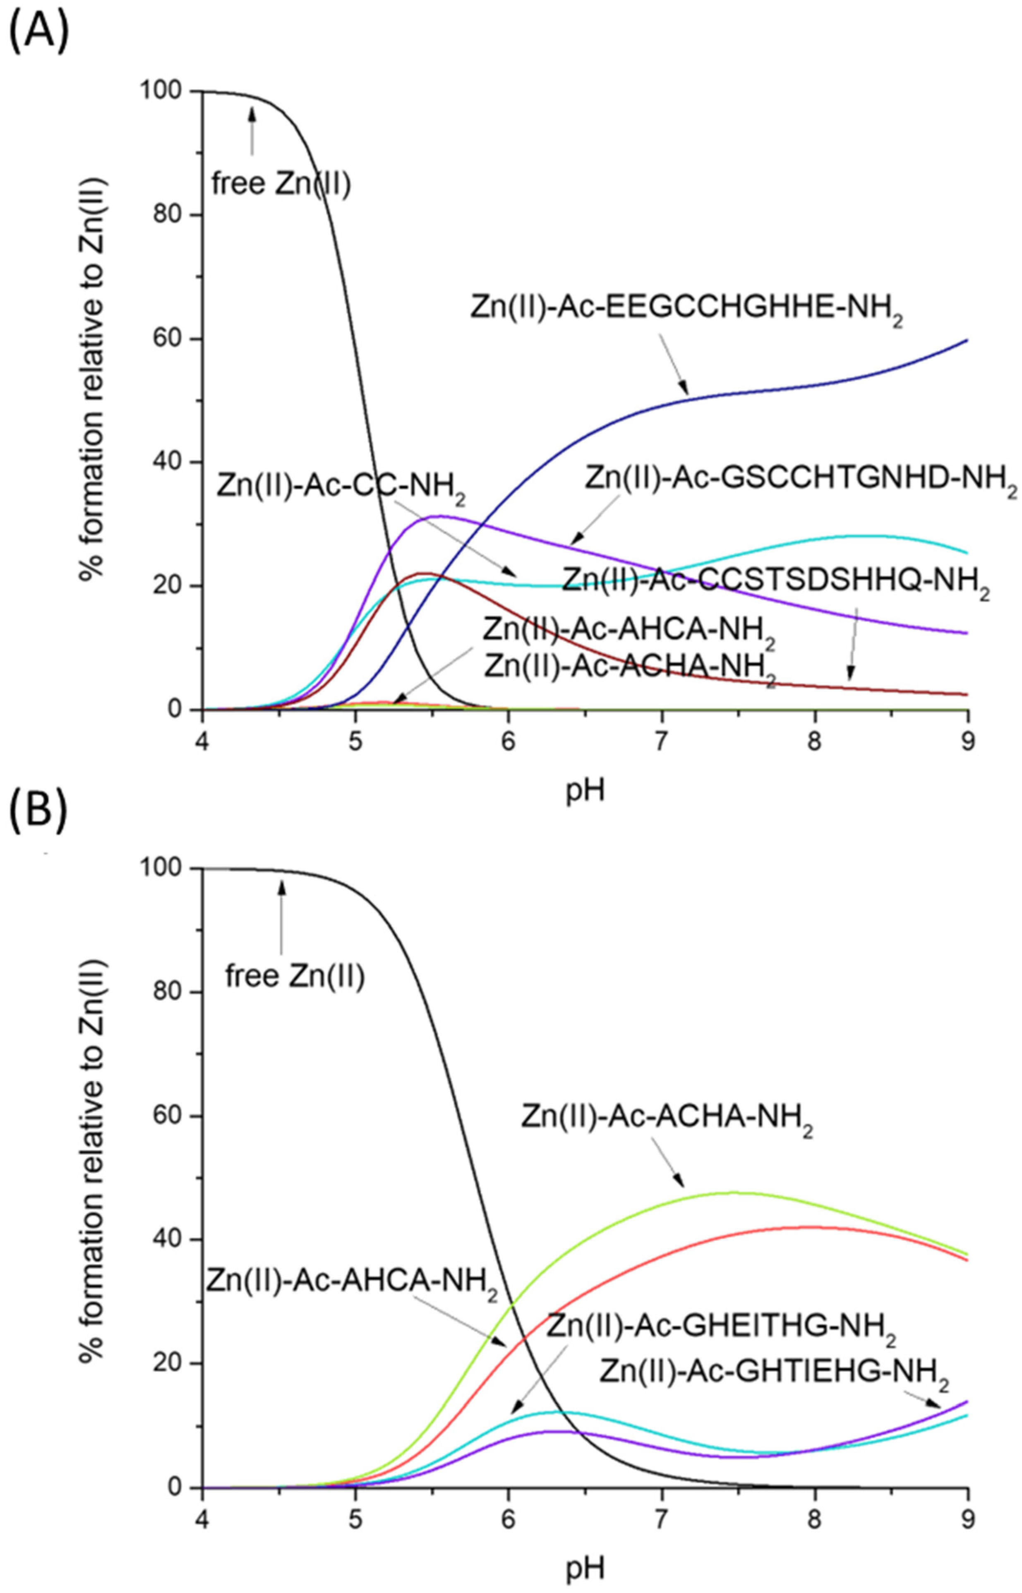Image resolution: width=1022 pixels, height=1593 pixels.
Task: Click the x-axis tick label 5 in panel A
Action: pyautogui.click(x=356, y=741)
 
